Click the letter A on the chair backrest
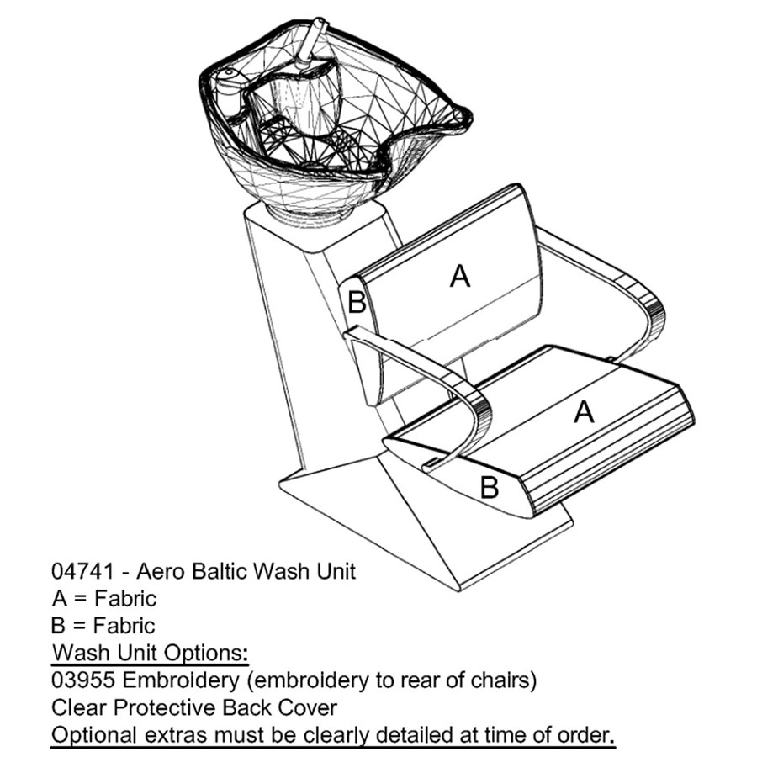click(x=459, y=276)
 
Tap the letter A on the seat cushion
click(x=584, y=412)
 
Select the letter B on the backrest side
click(x=357, y=302)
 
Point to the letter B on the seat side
click(x=489, y=487)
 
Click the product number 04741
click(x=82, y=571)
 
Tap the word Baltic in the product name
click(x=219, y=571)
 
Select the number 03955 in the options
click(x=83, y=680)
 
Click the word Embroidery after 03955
click(x=181, y=681)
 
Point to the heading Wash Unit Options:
click(x=151, y=653)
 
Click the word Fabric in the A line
click(x=125, y=599)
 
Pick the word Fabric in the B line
click(x=124, y=626)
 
